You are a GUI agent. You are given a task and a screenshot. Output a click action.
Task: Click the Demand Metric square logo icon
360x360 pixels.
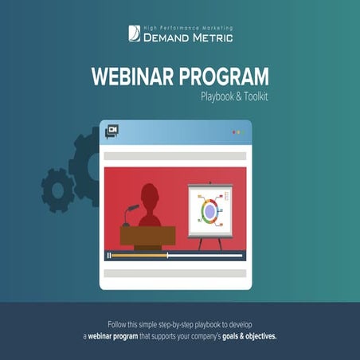tap(134, 33)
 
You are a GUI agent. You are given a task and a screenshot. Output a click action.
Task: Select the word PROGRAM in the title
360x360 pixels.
tap(221, 78)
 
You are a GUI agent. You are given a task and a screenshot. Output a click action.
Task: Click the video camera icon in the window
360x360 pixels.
tap(112, 131)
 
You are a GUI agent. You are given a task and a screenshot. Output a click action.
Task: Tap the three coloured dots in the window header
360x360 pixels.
tap(238, 132)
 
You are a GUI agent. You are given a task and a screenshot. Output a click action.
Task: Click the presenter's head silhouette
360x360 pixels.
tap(150, 195)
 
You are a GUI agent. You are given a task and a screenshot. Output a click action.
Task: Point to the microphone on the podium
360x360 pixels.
tap(130, 212)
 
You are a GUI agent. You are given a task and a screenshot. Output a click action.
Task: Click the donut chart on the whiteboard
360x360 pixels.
tap(209, 211)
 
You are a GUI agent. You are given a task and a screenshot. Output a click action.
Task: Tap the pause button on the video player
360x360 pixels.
tap(108, 256)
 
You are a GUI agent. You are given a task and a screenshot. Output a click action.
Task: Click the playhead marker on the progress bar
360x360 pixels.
tap(167, 256)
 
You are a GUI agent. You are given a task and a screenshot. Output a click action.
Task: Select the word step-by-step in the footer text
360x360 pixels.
tap(178, 325)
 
